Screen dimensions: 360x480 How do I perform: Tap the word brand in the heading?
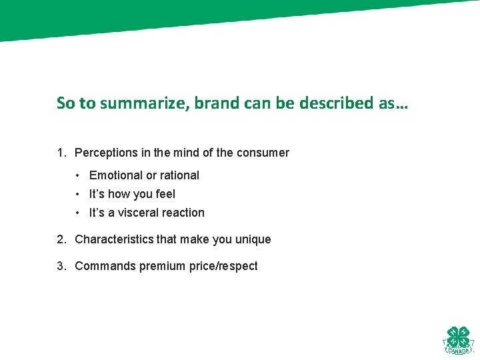(x=213, y=103)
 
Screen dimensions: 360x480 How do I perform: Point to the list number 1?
(x=61, y=153)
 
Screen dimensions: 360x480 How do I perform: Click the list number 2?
(x=61, y=239)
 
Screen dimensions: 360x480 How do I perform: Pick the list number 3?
(x=61, y=266)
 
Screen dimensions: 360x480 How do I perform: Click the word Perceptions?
(x=106, y=153)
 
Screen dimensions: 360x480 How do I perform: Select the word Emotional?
(x=115, y=175)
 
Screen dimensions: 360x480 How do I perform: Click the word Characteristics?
(x=114, y=239)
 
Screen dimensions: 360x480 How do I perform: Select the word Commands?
(x=105, y=266)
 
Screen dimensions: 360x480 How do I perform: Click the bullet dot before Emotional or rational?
(x=78, y=175)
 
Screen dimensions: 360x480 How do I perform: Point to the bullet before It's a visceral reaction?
(x=78, y=213)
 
